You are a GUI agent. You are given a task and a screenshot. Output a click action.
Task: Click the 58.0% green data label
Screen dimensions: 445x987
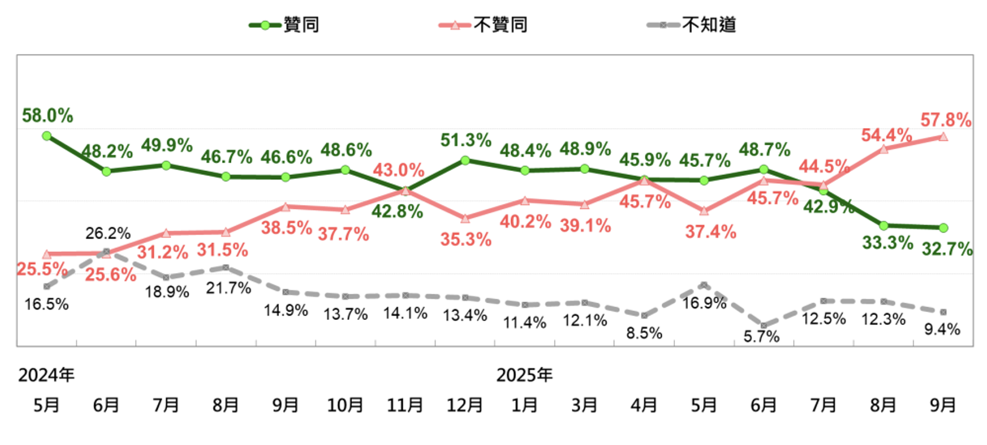coord(47,116)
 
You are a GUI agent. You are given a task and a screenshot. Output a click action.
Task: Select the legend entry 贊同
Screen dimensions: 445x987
coord(285,25)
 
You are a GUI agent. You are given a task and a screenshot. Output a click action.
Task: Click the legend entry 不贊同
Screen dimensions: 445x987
coord(484,25)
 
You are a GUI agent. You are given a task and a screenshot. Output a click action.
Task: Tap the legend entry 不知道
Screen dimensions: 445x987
coord(692,25)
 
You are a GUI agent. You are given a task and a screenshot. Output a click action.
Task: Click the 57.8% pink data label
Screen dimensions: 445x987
coord(945,120)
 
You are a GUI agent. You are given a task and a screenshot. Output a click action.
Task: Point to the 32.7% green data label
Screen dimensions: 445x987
coord(946,249)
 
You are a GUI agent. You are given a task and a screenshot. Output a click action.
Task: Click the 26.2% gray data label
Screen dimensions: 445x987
coord(108,233)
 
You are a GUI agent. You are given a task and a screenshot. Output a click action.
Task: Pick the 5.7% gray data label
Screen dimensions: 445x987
coord(761,336)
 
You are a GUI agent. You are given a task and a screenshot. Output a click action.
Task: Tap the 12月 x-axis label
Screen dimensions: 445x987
coord(465,405)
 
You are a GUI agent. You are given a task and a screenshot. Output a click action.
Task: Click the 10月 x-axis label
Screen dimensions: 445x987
coord(345,405)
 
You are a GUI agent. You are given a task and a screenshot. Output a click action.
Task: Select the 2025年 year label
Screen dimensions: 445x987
coord(524,375)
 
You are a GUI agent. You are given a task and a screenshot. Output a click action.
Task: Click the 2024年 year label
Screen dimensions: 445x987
coord(46,375)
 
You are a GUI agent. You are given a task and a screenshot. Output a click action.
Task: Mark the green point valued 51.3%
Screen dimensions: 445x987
coord(465,160)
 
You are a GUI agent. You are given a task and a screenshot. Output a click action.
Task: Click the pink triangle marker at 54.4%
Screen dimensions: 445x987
coord(883,149)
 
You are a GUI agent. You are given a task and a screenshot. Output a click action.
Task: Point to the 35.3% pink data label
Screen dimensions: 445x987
coord(466,239)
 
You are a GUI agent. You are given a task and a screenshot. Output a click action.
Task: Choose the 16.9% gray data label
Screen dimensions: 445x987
coord(704,303)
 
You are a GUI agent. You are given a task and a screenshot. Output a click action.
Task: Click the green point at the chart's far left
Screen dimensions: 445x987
coord(47,136)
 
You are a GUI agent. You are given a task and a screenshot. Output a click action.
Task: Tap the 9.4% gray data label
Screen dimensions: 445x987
coord(942,329)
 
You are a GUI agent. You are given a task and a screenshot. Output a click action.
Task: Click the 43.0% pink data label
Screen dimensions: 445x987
coord(398,169)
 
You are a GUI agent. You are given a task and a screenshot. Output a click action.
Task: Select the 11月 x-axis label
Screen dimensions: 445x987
coord(405,405)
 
